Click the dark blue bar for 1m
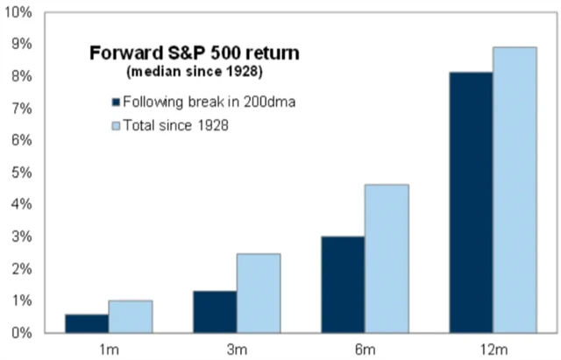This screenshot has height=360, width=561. pos(87,323)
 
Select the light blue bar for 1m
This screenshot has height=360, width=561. pos(130,316)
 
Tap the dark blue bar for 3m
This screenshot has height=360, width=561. pos(213,312)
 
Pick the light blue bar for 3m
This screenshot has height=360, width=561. pos(257,293)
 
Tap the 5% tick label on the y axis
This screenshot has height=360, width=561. pos(21,173)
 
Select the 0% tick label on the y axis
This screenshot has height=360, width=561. pos(21,333)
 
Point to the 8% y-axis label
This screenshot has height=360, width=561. pos(21,76)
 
